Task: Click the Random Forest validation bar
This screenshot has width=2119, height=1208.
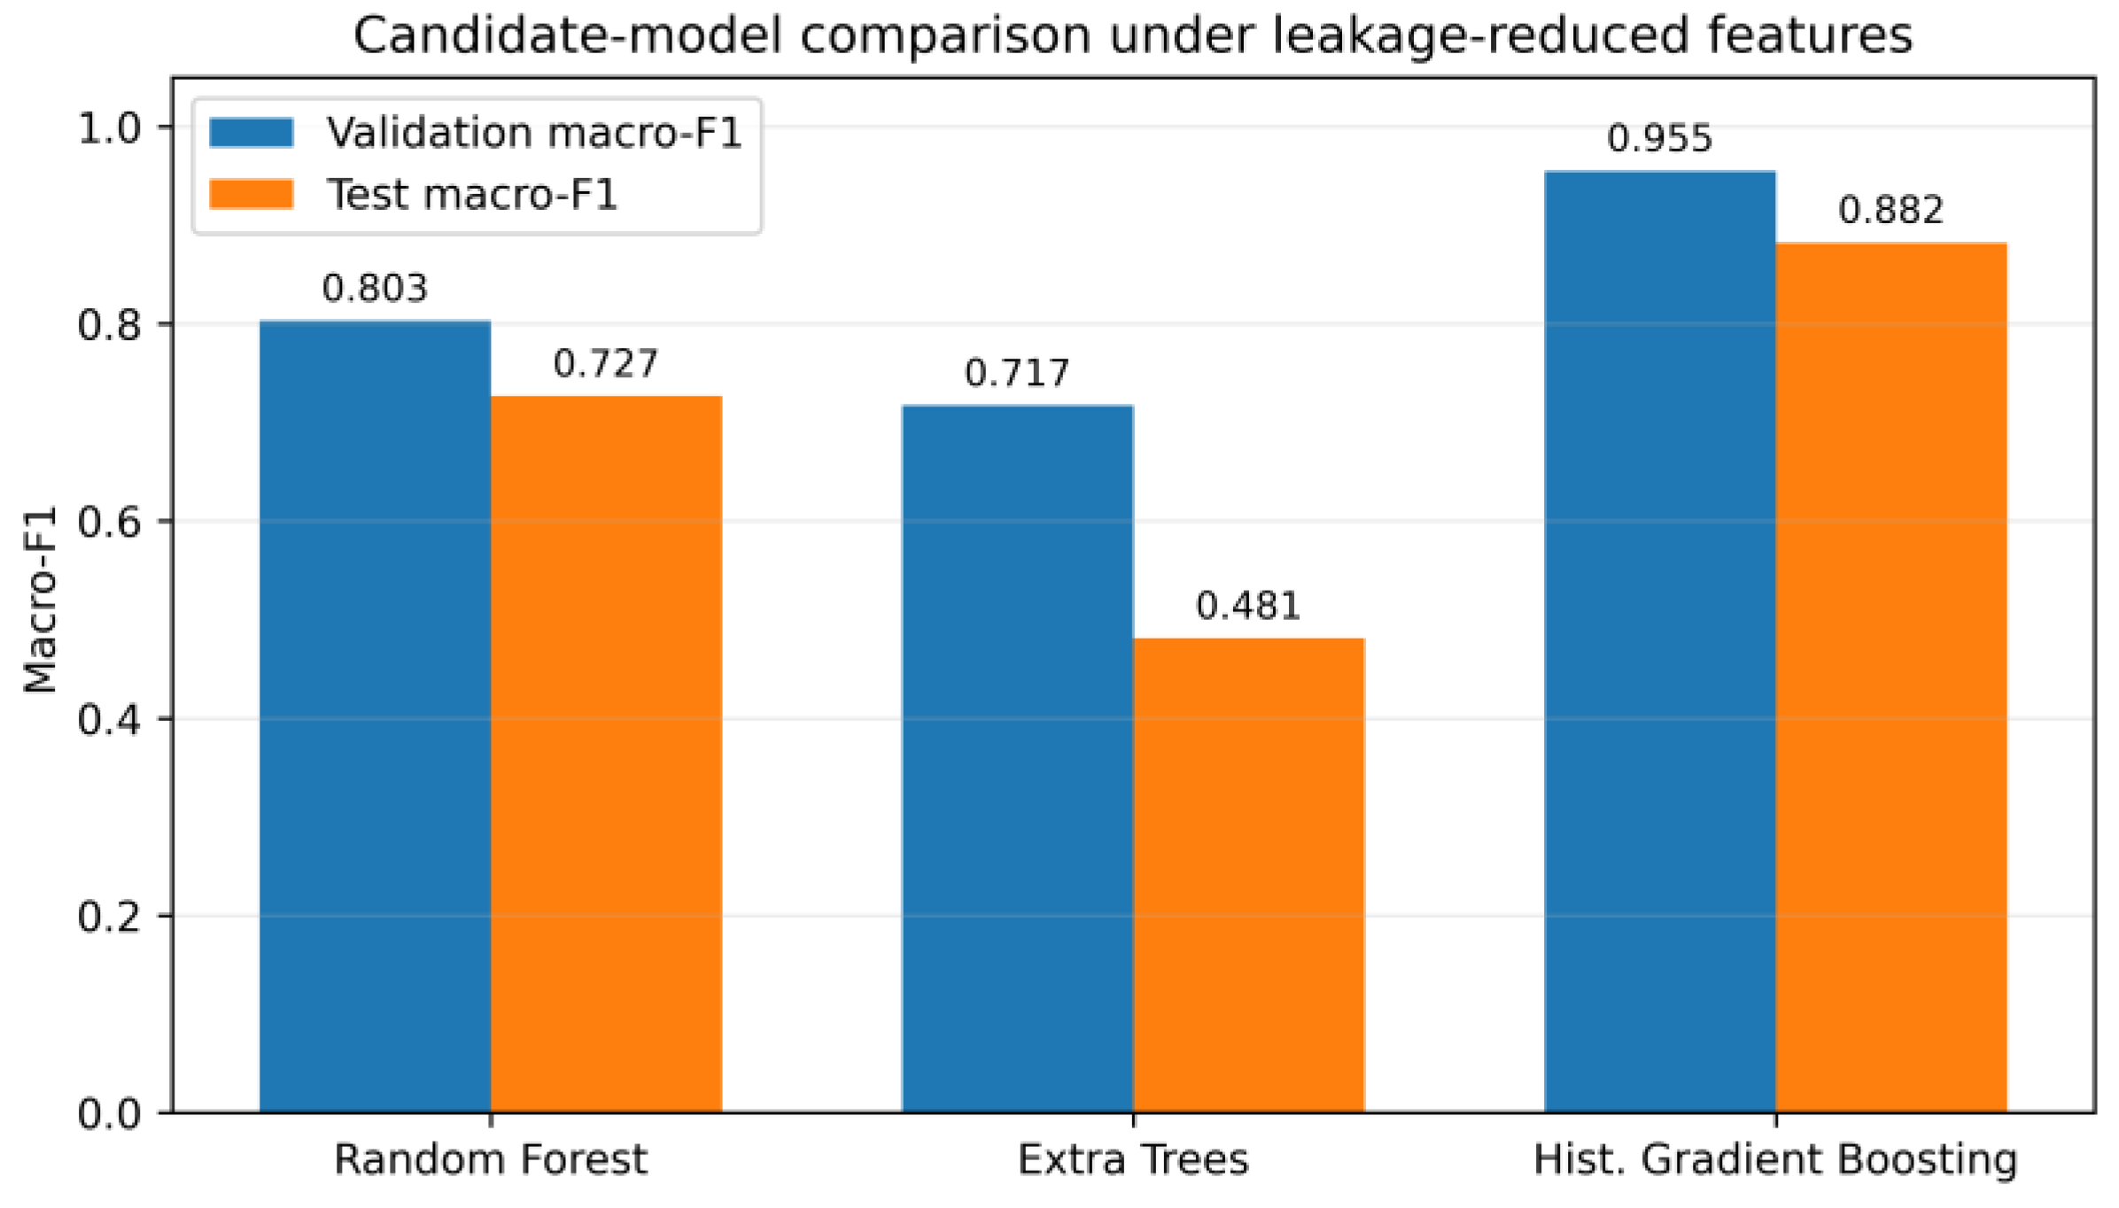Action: click(375, 716)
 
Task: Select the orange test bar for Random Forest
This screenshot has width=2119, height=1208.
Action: click(606, 754)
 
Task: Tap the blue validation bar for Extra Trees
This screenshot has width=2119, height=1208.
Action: click(1017, 758)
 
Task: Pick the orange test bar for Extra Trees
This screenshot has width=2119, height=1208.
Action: click(1248, 875)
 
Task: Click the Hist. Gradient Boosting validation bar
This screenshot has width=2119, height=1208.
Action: click(1659, 641)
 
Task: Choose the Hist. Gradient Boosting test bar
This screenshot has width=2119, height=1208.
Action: click(1890, 678)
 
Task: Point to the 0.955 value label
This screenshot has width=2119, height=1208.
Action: click(1659, 138)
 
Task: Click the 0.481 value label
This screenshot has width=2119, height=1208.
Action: click(1248, 606)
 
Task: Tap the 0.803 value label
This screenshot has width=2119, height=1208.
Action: click(375, 288)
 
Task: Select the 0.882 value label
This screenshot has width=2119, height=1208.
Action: click(1890, 210)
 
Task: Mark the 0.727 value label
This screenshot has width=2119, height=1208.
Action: click(606, 363)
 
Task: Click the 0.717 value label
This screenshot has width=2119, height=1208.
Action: click(1017, 373)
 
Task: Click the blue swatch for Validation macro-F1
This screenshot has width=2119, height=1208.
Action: click(252, 132)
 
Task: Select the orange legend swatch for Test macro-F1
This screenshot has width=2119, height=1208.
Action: click(252, 194)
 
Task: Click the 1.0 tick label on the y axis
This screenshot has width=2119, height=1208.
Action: click(110, 128)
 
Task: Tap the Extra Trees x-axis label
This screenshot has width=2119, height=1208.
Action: click(1133, 1159)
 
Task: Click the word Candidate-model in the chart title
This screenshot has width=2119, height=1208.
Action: click(568, 35)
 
